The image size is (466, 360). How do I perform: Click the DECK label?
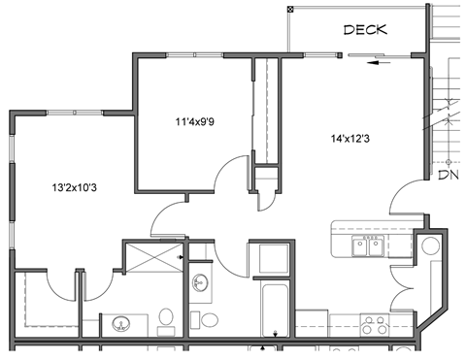pyautogui.click(x=365, y=29)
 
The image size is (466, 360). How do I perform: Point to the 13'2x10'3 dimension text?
pyautogui.click(x=74, y=185)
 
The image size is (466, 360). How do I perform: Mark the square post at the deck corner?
pyautogui.click(x=290, y=10)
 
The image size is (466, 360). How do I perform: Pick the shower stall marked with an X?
pyautogui.click(x=150, y=259)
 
